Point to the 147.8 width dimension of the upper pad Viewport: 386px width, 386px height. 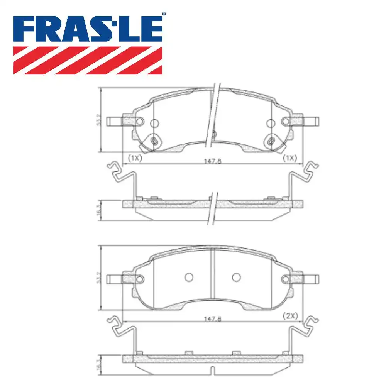tap(213, 161)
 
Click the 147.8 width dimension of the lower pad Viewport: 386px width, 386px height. tap(213, 319)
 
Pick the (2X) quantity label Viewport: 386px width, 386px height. tap(290, 316)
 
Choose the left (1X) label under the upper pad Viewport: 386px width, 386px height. tap(135, 158)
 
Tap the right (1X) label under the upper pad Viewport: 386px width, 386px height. tap(289, 158)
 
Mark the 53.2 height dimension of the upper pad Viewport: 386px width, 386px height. tap(99, 120)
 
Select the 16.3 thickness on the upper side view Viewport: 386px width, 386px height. tap(99, 210)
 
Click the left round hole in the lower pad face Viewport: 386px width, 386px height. tap(189, 277)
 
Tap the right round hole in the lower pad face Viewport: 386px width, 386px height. tap(236, 277)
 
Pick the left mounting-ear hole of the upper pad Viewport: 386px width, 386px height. tap(140, 122)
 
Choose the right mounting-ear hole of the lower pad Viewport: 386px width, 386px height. tap(286, 279)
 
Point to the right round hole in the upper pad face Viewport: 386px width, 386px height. tap(271, 123)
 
